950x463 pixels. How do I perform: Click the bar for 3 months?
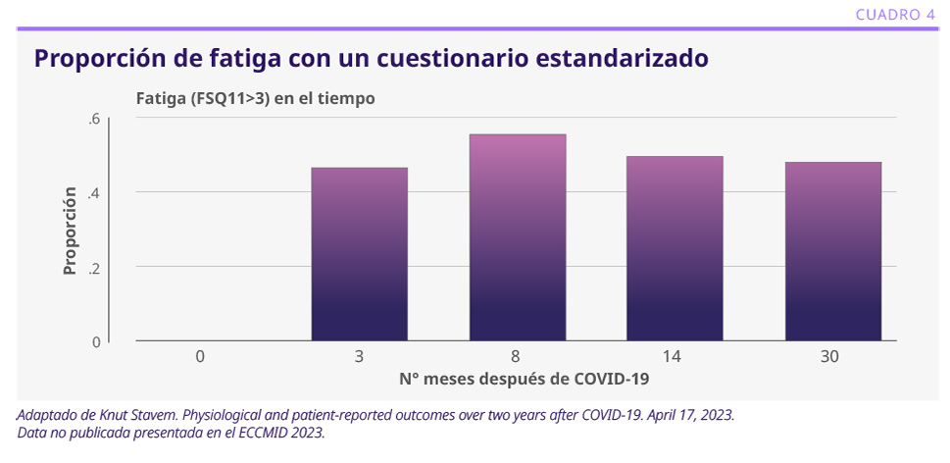coord(359,254)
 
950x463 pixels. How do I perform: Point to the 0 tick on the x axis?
coord(200,357)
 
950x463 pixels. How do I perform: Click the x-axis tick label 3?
coord(359,357)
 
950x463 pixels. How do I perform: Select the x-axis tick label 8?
coord(517,357)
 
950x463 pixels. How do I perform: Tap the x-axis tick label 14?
coord(675,357)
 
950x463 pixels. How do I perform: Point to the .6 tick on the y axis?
coord(94,119)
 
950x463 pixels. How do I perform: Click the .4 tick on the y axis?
coord(94,192)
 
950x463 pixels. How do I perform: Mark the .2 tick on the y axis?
coord(94,267)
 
